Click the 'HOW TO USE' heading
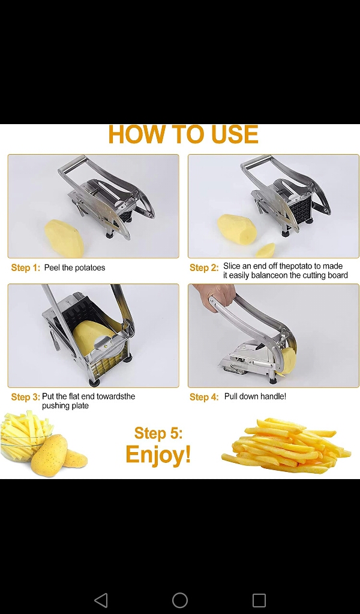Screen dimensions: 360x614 (184, 134)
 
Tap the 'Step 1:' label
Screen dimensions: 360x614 (25, 268)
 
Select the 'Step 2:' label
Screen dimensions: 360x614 (204, 268)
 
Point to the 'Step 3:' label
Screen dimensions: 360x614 (25, 397)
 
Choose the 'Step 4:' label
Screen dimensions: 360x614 (204, 397)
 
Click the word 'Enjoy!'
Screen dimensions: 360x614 (158, 455)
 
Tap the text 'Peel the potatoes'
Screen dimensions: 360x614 (74, 268)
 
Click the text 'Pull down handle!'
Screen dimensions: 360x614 (255, 396)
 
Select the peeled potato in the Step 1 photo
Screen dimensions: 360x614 (64, 238)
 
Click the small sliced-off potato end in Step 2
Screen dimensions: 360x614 (266, 250)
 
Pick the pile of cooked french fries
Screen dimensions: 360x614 (286, 446)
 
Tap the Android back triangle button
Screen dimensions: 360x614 (101, 600)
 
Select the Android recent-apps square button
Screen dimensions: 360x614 (259, 600)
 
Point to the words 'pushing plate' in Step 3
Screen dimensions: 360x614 (65, 406)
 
